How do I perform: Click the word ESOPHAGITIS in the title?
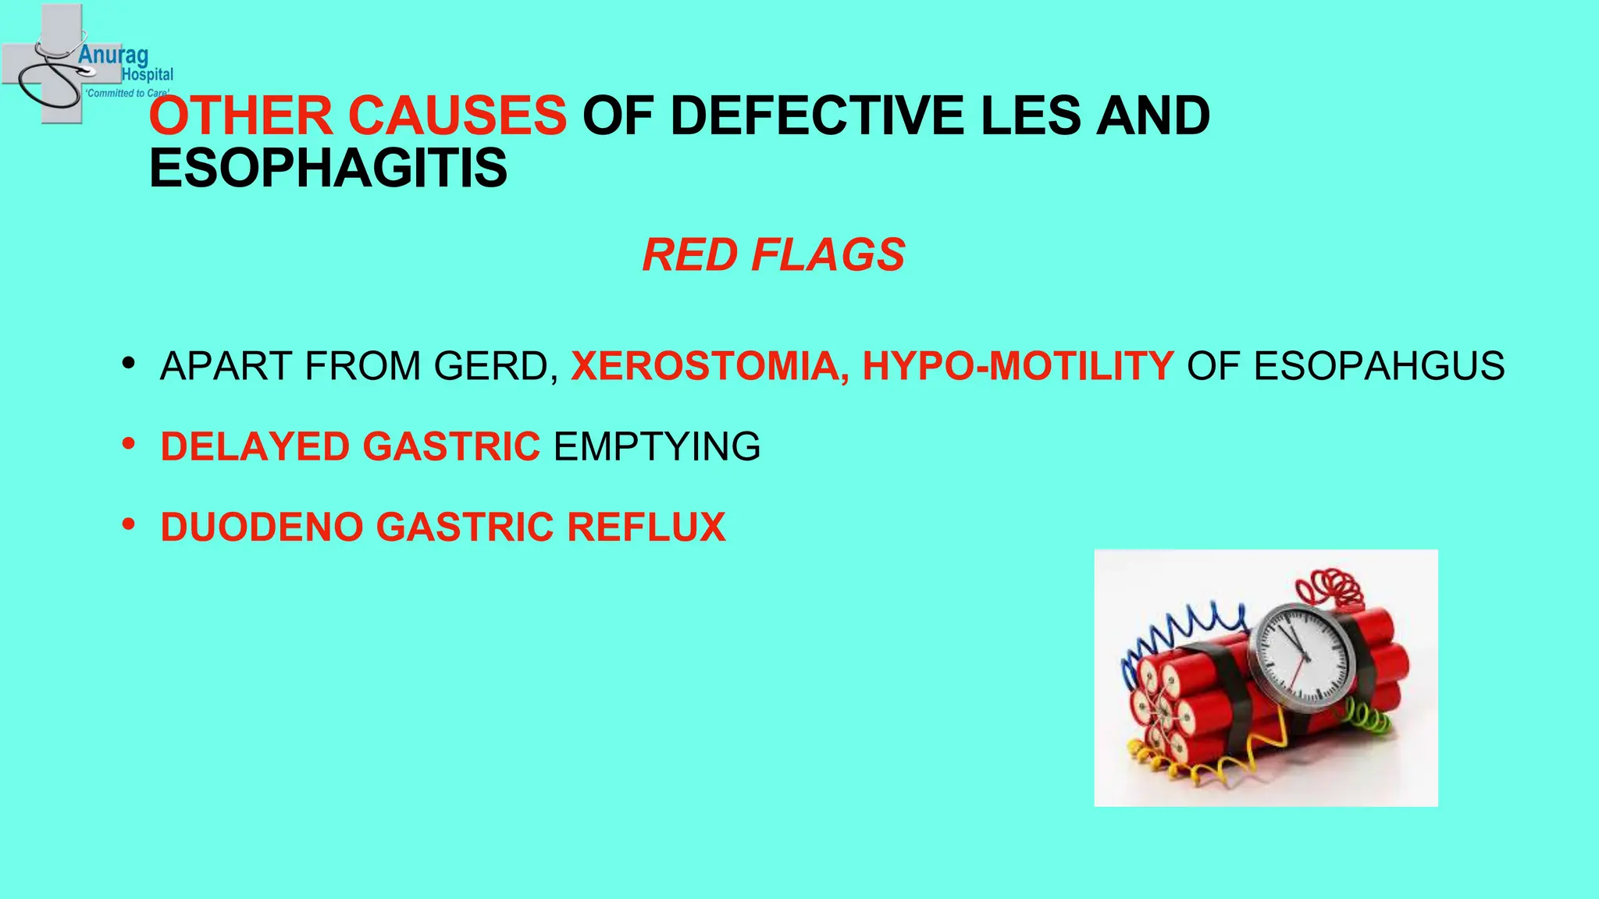[x=328, y=169]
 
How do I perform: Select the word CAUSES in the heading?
[x=457, y=115]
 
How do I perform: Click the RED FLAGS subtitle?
[x=773, y=255]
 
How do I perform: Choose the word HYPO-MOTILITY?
[x=1017, y=366]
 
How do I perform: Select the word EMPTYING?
[x=657, y=446]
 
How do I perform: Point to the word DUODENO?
[x=262, y=527]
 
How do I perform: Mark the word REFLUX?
[x=646, y=527]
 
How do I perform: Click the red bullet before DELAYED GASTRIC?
[x=129, y=444]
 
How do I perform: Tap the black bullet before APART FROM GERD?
[x=129, y=364]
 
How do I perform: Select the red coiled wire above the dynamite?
[x=1332, y=588]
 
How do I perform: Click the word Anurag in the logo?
[x=113, y=55]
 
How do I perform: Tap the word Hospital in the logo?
[x=148, y=75]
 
